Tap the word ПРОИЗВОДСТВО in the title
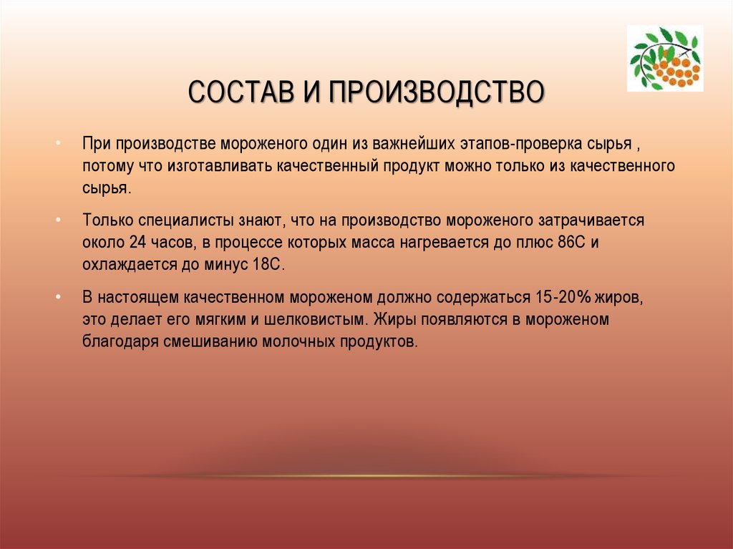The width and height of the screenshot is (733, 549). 436,92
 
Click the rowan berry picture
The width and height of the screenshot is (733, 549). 665,58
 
